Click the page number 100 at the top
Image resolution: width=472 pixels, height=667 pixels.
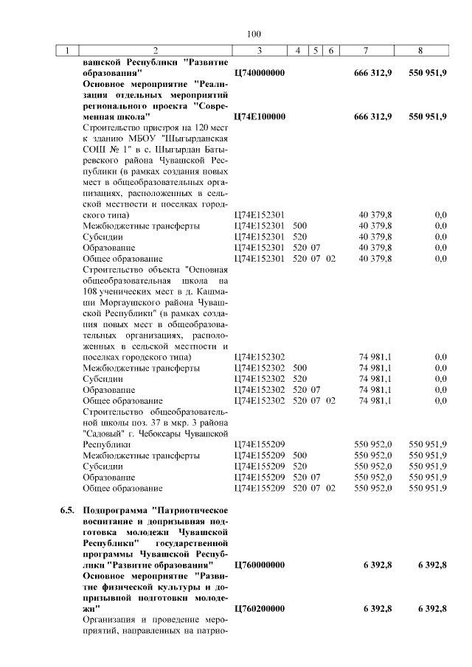coord(254,34)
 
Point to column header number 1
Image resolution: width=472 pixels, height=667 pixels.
coord(67,51)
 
